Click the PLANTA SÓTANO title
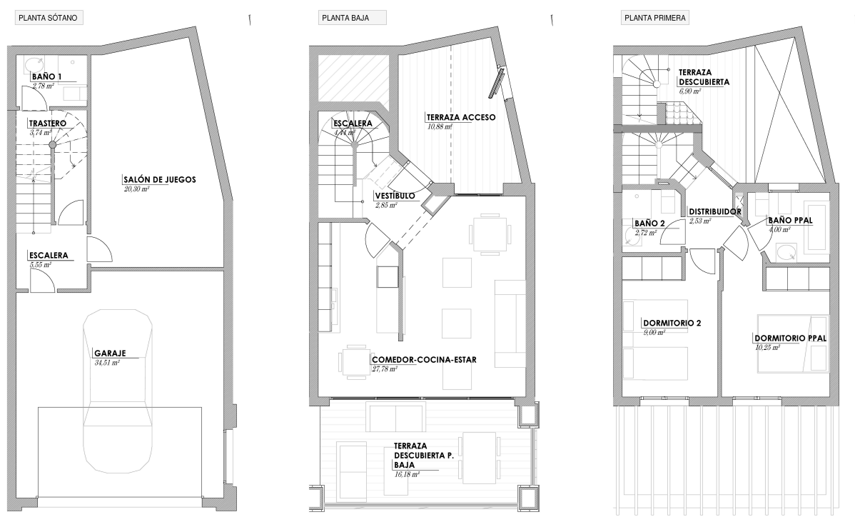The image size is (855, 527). tap(48, 18)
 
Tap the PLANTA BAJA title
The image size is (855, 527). tap(345, 18)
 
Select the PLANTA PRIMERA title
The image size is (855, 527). tap(655, 18)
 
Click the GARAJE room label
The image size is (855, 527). tap(110, 353)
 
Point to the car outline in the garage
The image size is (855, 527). tap(118, 391)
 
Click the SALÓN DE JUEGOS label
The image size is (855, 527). tap(160, 179)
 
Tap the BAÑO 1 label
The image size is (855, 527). tap(46, 77)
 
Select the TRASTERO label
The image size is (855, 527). tap(47, 124)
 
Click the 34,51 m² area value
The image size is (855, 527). tap(107, 362)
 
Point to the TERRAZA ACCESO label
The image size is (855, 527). tap(461, 117)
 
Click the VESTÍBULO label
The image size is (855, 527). tap(395, 196)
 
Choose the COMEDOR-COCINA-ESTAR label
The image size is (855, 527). tap(424, 360)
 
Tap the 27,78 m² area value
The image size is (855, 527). tap(385, 369)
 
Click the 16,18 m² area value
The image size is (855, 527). tap(407, 475)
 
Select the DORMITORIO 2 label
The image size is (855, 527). tap(672, 323)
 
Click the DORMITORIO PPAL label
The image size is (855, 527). tap(791, 338)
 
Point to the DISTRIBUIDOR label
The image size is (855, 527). tap(715, 211)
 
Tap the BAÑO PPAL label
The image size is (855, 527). tap(790, 221)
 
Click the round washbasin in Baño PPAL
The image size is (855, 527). tap(786, 253)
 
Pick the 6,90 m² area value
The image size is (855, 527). tap(690, 91)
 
